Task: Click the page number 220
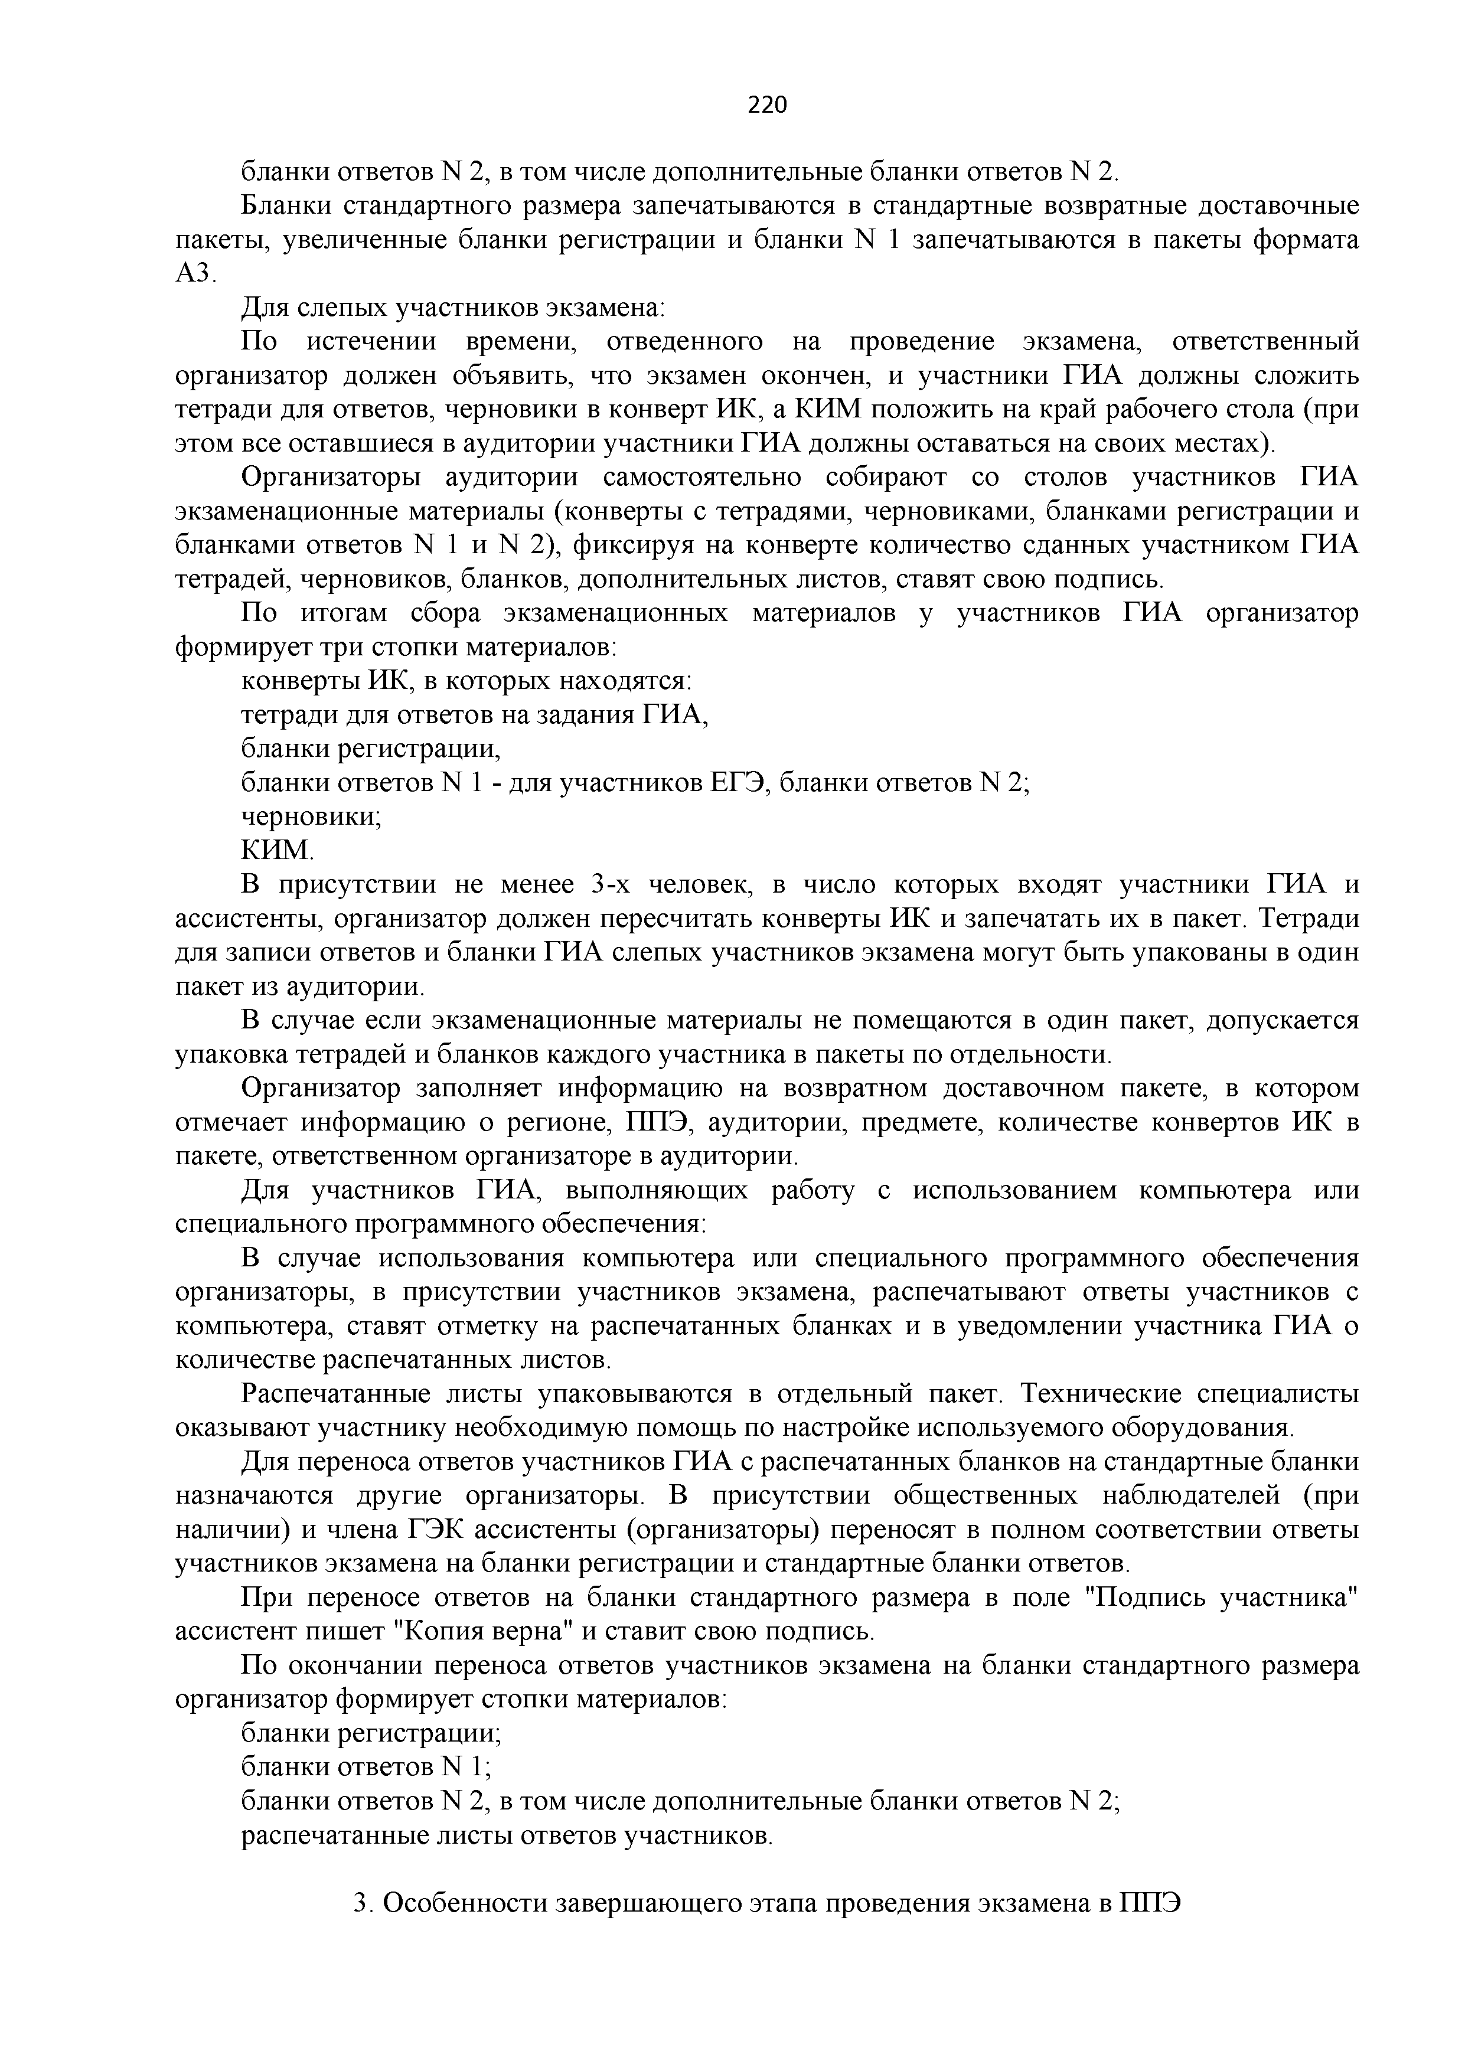[x=768, y=106]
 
